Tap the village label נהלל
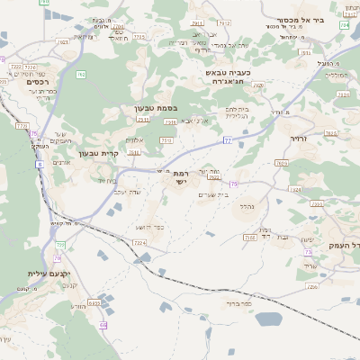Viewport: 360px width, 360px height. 247,206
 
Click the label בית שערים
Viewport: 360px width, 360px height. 211,193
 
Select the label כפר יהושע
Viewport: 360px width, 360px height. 158,227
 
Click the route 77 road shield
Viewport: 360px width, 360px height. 228,140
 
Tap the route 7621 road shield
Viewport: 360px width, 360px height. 63,41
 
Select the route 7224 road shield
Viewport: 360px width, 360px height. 139,242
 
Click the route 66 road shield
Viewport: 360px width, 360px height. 103,325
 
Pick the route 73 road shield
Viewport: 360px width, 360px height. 308,253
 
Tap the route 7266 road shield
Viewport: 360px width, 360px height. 311,287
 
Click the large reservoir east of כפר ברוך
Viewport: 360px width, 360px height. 268,318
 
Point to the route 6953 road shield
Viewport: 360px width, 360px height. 94,303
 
